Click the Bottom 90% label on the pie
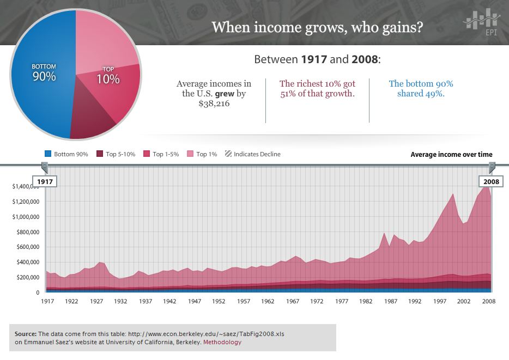(x=44, y=72)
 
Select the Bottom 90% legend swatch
(x=47, y=154)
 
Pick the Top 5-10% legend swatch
(x=99, y=154)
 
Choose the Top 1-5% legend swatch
(x=146, y=154)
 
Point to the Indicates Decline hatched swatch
(x=228, y=154)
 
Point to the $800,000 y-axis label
(x=26, y=231)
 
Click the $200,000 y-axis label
(x=26, y=277)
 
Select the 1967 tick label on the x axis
(x=293, y=301)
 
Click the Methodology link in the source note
(x=222, y=343)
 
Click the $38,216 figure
(x=214, y=103)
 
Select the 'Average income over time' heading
(x=451, y=155)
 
